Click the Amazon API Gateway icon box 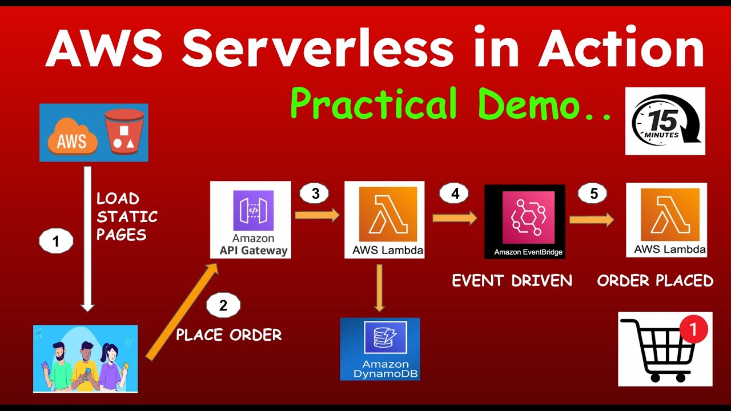click(x=250, y=220)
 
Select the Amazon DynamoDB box click(x=380, y=349)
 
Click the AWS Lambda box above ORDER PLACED click(x=666, y=220)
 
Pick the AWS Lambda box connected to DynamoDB click(x=384, y=220)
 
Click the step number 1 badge click(x=56, y=241)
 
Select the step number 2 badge click(x=223, y=305)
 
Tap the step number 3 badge click(x=315, y=194)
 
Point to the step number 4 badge click(x=455, y=194)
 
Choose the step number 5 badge click(x=594, y=194)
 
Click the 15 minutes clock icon click(x=665, y=121)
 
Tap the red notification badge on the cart click(x=693, y=329)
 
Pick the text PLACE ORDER click(x=228, y=335)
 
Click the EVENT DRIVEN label click(x=512, y=280)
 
